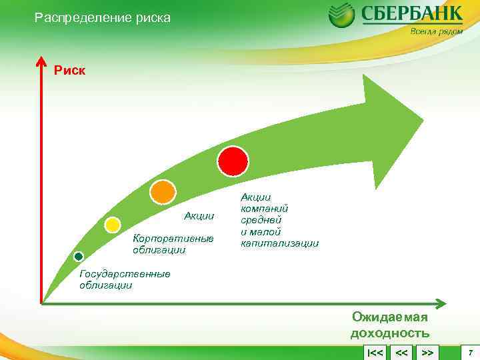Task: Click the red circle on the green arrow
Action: [233, 161]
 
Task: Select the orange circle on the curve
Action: [162, 192]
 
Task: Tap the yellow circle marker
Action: [113, 225]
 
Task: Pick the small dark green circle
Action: [78, 257]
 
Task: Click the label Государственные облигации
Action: [124, 279]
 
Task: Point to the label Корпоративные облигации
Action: [173, 244]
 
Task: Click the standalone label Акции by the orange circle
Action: [199, 215]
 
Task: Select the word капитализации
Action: [279, 244]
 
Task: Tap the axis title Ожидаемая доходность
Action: [390, 326]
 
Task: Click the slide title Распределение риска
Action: [103, 18]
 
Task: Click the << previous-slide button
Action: [401, 352]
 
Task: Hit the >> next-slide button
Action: [428, 352]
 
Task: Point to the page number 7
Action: [470, 351]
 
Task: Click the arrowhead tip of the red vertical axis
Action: [41, 59]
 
